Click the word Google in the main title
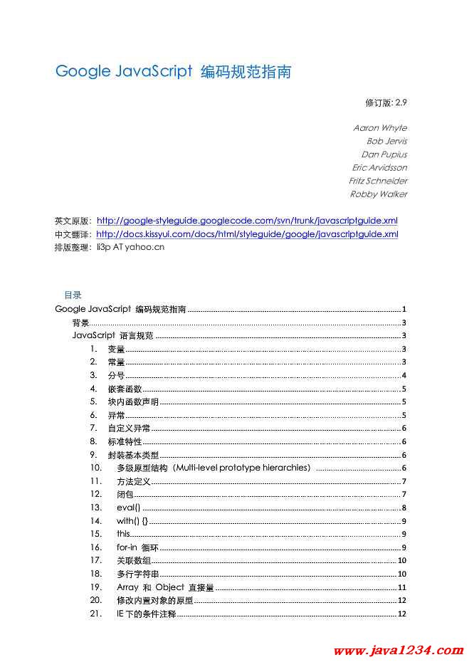click(83, 72)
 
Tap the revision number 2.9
click(401, 103)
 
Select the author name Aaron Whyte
click(380, 128)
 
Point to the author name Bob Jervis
click(386, 141)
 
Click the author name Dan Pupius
click(384, 154)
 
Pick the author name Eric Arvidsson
click(379, 168)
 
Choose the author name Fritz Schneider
click(378, 181)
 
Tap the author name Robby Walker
click(378, 194)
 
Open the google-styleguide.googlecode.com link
click(247, 221)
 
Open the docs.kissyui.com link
click(247, 233)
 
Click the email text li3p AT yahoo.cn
click(130, 247)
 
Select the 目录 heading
click(73, 295)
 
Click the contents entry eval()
click(128, 508)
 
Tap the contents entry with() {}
click(132, 521)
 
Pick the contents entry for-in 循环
click(137, 547)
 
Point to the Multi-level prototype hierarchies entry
click(214, 468)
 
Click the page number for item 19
click(401, 587)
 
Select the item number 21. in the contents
click(96, 614)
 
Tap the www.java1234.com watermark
click(399, 651)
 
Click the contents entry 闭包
click(125, 495)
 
